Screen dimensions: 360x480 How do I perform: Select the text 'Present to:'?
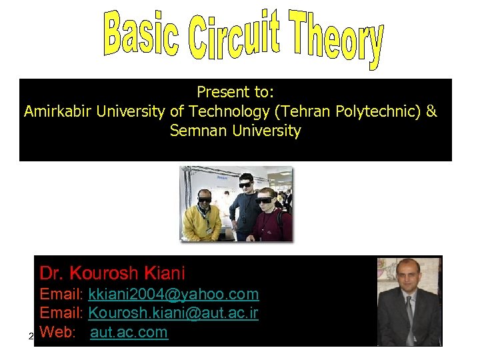pos(235,91)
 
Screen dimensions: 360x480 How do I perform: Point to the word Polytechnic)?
pos(379,111)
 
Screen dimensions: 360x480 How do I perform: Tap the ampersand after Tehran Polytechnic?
pos(431,111)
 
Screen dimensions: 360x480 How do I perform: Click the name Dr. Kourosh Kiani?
pos(112,273)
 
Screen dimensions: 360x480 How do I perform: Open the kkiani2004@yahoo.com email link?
pos(173,294)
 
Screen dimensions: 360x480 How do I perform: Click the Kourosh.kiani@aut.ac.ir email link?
pos(173,313)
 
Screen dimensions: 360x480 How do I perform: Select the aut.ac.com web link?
pos(129,333)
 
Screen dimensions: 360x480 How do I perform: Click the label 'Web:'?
pos(57,333)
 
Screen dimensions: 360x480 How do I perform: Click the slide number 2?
pos(31,336)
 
